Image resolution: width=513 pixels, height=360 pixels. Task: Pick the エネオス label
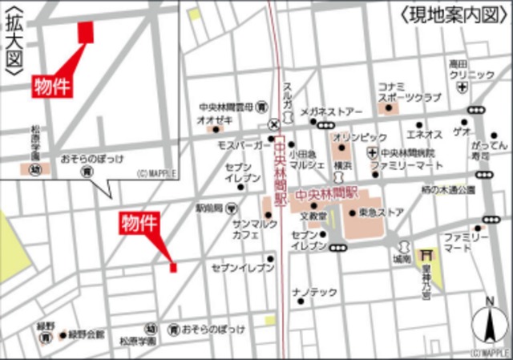tap(424, 134)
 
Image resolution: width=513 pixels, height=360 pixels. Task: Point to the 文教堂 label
tap(313, 216)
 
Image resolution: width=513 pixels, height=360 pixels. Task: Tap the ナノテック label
tap(314, 293)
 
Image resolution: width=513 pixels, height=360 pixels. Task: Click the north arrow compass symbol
tap(488, 325)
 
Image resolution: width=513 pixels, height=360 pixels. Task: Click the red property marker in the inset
tap(85, 31)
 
